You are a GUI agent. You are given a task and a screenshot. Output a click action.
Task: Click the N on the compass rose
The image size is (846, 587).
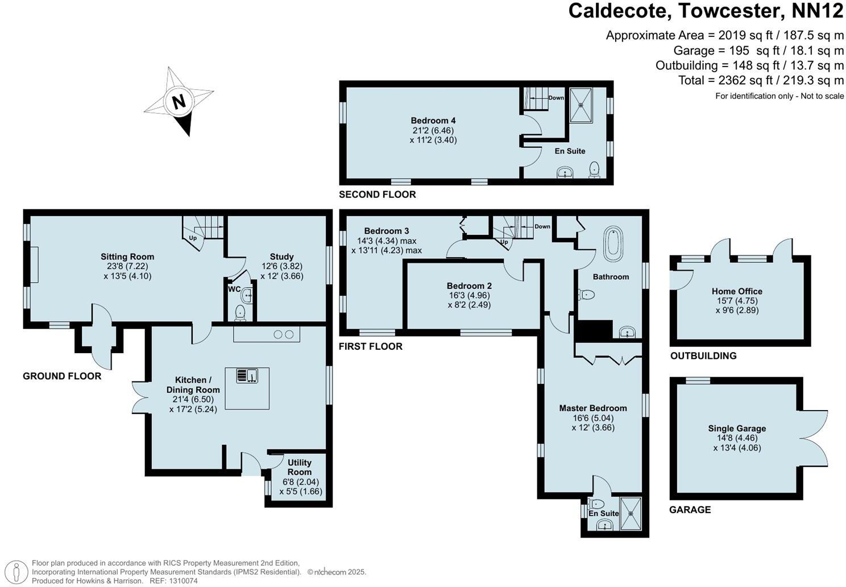coord(179,102)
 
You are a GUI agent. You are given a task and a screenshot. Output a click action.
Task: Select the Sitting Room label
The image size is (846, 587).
coord(127,257)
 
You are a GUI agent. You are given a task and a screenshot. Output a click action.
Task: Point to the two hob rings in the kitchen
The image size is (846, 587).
coord(283,334)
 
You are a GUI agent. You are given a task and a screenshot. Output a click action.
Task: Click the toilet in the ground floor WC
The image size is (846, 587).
coord(240,311)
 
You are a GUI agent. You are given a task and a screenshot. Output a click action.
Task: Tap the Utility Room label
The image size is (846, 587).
coord(299,468)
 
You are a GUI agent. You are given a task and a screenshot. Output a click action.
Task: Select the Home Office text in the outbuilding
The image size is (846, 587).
coord(737,291)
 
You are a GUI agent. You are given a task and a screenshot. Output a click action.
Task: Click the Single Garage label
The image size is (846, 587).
coord(737,428)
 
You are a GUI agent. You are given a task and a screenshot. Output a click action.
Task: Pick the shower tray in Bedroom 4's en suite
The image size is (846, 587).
coord(581,105)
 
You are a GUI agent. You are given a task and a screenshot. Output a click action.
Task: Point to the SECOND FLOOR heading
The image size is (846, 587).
coord(377,195)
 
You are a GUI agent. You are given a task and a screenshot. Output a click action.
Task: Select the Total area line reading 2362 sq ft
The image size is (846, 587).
coord(761,80)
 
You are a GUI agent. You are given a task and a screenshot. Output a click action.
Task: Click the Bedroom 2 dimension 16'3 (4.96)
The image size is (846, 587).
coord(469,295)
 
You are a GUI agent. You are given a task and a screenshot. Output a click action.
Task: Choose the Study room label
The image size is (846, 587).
coord(282,257)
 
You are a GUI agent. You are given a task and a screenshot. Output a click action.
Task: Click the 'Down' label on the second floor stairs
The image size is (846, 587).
coord(556,98)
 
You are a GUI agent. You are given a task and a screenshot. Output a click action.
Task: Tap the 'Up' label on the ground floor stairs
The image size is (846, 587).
coord(193,238)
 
